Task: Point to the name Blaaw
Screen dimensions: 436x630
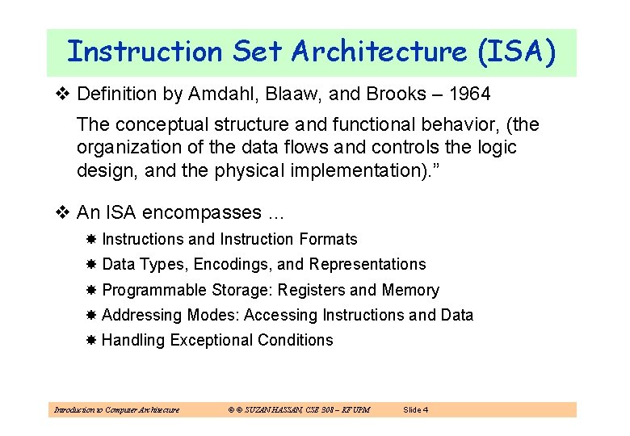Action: [288, 94]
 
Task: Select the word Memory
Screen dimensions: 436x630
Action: [410, 290]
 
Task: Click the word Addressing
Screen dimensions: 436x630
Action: [143, 315]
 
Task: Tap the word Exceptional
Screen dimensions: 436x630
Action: [211, 340]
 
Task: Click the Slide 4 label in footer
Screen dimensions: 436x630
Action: [415, 410]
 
